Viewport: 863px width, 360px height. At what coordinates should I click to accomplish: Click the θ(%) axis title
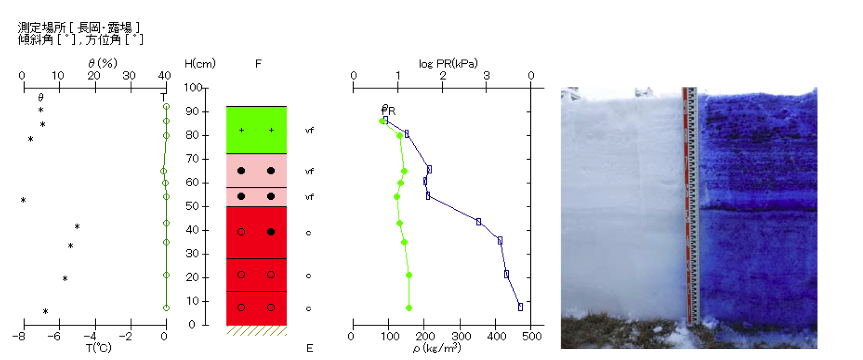tap(103, 63)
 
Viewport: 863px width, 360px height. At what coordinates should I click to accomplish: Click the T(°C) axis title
tap(99, 348)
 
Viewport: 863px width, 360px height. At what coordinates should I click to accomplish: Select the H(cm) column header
tap(200, 64)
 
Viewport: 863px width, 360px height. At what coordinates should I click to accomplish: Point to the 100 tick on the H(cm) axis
tap(193, 87)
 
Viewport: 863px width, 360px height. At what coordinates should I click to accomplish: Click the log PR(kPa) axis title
tap(448, 64)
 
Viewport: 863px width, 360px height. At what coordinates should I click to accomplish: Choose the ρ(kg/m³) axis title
tap(437, 348)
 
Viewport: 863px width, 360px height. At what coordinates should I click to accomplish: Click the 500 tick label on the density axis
tap(531, 336)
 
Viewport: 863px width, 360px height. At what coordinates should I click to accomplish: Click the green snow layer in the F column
tap(256, 130)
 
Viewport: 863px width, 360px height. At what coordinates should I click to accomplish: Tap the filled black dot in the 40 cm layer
tap(271, 232)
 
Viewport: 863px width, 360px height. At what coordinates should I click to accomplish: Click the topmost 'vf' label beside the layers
tap(310, 130)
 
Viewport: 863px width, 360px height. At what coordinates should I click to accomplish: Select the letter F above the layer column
tap(258, 64)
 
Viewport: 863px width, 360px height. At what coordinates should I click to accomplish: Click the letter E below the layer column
tap(310, 348)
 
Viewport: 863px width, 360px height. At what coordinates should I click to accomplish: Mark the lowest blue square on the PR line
tap(520, 307)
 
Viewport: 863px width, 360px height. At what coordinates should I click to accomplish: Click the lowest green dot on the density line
tap(409, 308)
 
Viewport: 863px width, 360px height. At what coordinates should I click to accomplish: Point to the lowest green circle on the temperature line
tap(166, 308)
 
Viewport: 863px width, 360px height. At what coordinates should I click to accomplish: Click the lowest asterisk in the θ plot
tap(46, 311)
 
